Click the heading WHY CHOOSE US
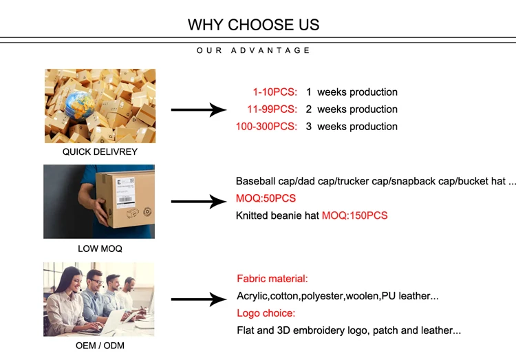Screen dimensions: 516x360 click(x=253, y=25)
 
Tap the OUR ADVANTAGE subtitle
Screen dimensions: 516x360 click(x=253, y=50)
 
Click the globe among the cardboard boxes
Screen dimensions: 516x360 click(x=80, y=105)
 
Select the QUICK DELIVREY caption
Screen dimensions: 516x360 click(x=100, y=152)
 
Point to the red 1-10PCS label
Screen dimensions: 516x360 click(x=275, y=92)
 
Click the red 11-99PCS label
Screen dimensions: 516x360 click(x=272, y=109)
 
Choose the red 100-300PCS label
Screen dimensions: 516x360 click(x=266, y=127)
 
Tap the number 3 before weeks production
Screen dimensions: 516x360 click(x=308, y=127)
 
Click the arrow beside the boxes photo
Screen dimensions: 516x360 click(x=199, y=109)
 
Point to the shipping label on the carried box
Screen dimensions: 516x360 click(x=125, y=192)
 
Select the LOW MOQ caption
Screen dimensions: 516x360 click(x=100, y=248)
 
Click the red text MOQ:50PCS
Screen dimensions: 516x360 click(x=266, y=198)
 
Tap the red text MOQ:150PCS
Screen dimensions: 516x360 click(x=355, y=215)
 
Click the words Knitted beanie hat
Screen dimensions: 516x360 click(x=277, y=215)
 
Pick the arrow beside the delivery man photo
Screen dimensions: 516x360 click(x=199, y=201)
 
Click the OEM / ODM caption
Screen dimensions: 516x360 click(x=100, y=346)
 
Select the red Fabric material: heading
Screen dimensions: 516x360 click(x=272, y=279)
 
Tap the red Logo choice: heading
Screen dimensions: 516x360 click(x=266, y=313)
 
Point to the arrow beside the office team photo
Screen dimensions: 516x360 click(x=199, y=299)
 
